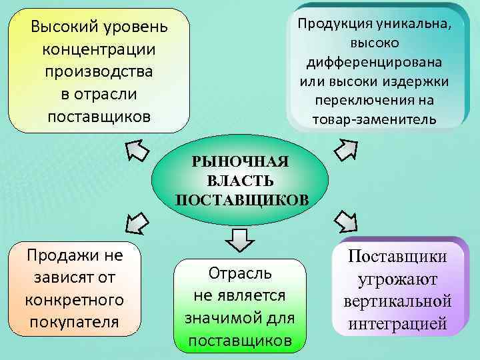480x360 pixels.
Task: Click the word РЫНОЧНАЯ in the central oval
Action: (x=240, y=162)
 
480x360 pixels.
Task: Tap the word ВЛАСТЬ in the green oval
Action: (x=240, y=181)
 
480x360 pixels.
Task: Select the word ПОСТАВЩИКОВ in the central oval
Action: (x=240, y=199)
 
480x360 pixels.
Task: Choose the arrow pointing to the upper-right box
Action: (x=346, y=149)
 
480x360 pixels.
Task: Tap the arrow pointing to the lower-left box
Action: (x=135, y=221)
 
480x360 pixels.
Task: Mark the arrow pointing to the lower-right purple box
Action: (x=347, y=220)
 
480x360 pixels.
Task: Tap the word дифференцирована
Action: (x=374, y=63)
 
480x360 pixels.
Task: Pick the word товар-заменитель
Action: (x=374, y=120)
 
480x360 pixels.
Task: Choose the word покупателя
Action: (x=74, y=321)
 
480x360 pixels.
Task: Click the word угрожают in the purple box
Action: (x=397, y=280)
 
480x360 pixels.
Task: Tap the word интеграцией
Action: (x=397, y=323)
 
